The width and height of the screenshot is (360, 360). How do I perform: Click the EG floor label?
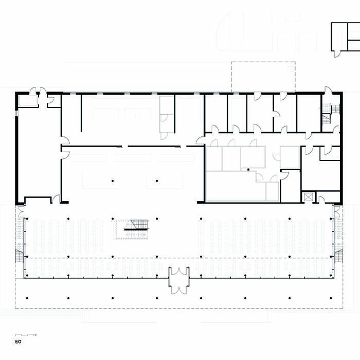pos(17,341)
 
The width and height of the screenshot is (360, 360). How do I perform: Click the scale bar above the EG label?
pos(26,335)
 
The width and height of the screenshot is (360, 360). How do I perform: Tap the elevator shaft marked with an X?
pos(308,197)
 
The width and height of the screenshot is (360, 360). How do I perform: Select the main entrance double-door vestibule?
pos(179,280)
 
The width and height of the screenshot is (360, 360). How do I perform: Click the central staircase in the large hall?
pos(132,228)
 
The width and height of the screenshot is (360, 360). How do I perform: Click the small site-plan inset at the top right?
pos(345,37)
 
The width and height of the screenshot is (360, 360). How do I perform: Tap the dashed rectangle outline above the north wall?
pos(263,77)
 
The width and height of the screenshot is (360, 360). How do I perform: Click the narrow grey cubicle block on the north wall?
pos(167,113)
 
